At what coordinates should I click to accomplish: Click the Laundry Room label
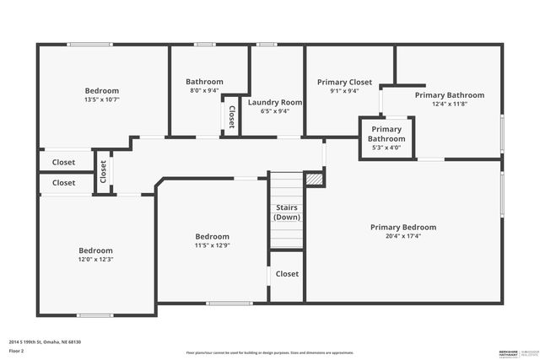pos(274,102)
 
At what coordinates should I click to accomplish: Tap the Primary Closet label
pos(344,82)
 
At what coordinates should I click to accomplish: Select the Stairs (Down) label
pos(287,212)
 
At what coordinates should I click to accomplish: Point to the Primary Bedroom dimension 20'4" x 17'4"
pos(403,236)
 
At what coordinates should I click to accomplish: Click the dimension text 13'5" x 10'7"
pos(101,99)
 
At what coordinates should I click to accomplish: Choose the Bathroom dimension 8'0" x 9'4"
pos(204,90)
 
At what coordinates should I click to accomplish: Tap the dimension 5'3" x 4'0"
pos(386,148)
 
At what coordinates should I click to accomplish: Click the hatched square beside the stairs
pos(314,179)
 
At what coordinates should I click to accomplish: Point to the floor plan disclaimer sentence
pos(270,352)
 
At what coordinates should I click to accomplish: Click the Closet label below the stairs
pos(287,274)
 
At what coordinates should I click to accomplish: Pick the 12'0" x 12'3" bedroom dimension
pos(95,260)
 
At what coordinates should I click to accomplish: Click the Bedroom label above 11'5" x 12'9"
pos(212,237)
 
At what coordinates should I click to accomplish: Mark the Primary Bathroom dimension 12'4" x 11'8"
pos(449,104)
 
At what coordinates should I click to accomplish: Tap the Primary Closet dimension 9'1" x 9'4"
pos(344,91)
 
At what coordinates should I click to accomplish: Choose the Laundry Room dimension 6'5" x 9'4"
pos(274,110)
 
